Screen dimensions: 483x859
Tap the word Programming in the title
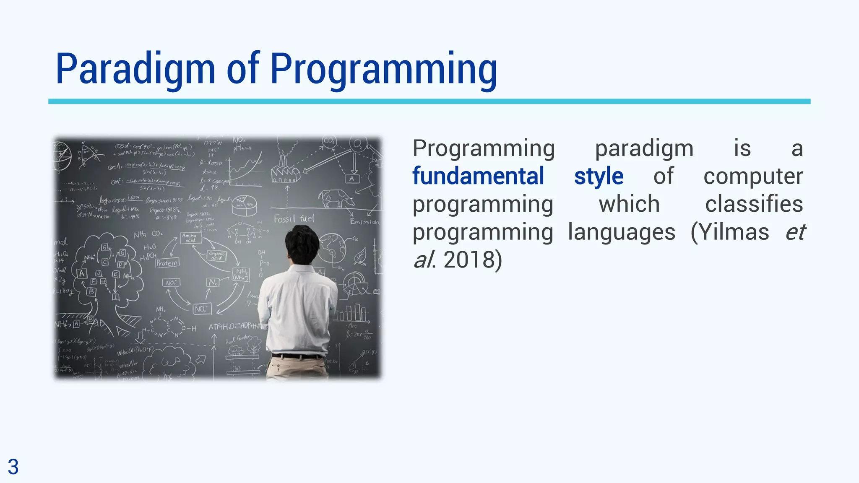point(383,69)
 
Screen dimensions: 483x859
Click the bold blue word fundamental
point(478,176)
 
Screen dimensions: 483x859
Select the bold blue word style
point(599,176)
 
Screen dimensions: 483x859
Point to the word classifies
point(754,204)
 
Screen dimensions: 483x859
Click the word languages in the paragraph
point(621,232)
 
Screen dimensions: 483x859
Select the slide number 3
point(13,467)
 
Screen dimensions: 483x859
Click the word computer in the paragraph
point(753,176)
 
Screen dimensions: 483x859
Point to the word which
point(629,204)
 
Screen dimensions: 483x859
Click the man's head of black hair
point(302,243)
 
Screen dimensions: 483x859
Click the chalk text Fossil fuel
point(294,218)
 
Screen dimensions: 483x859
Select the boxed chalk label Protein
point(167,263)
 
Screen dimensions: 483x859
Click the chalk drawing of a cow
point(336,198)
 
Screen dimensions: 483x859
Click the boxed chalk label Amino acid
point(191,238)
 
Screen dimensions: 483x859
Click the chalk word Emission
point(364,221)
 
